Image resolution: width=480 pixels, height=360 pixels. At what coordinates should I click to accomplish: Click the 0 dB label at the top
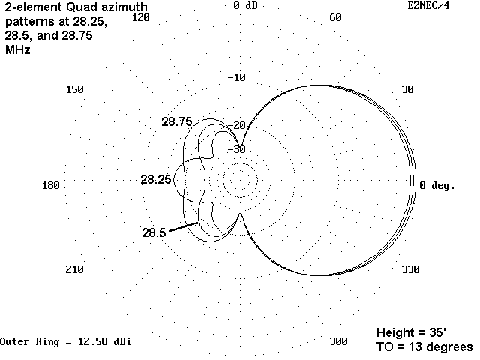click(245, 5)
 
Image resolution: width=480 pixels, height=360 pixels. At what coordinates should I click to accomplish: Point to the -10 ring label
click(237, 77)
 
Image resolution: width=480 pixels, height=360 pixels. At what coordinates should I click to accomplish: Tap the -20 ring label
click(237, 125)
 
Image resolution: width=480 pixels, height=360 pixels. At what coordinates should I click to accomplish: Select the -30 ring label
click(237, 149)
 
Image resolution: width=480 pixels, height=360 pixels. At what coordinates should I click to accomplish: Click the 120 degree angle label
click(140, 17)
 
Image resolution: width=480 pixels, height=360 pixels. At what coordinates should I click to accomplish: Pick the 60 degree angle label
click(335, 17)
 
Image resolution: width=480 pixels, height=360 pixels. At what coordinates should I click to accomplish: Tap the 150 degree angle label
click(75, 89)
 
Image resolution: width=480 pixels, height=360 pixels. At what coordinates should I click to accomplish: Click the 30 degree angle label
click(407, 89)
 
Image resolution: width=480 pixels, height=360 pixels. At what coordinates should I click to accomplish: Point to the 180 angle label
click(51, 185)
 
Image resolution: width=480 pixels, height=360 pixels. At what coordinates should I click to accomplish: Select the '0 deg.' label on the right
click(437, 185)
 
